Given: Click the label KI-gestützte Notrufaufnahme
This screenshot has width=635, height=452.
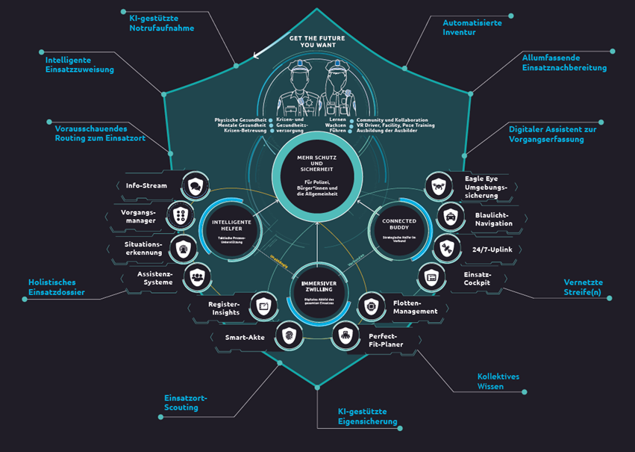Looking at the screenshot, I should click(161, 22).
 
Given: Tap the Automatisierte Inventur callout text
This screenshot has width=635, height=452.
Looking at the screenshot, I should click(472, 28).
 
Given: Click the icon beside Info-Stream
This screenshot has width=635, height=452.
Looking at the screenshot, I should click(195, 185).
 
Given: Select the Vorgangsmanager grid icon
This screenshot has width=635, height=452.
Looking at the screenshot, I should click(180, 217).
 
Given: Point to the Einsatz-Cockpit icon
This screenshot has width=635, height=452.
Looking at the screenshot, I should click(431, 277).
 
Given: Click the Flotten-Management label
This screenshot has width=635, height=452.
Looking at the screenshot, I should click(415, 306).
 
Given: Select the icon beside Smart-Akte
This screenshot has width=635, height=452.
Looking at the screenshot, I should click(288, 337).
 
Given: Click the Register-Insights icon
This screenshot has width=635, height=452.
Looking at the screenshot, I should click(263, 306).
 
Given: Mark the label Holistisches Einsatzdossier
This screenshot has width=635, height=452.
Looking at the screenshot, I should click(57, 287).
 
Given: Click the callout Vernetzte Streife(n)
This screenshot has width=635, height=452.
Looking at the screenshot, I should click(583, 287).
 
